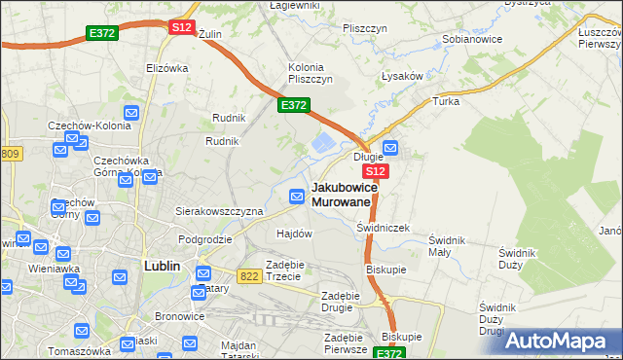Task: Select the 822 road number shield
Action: [248, 276]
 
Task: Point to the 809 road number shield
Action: [10, 154]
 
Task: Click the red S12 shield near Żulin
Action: [181, 27]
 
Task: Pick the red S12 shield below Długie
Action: [378, 170]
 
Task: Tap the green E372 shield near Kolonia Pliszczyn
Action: [294, 105]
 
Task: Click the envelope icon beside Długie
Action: [390, 149]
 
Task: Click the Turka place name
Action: [446, 101]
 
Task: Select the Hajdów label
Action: [294, 234]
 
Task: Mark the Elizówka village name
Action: [165, 68]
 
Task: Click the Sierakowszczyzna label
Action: [219, 210]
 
